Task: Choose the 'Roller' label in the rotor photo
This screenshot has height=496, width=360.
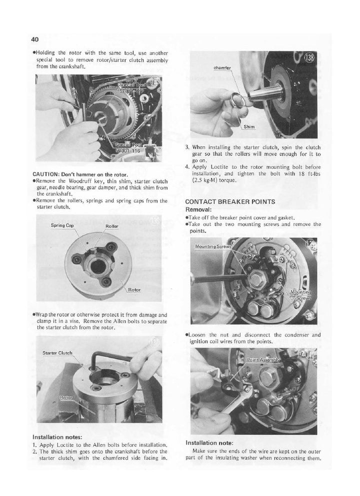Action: coord(112,227)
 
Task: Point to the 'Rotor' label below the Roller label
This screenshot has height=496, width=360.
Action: coord(133,289)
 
